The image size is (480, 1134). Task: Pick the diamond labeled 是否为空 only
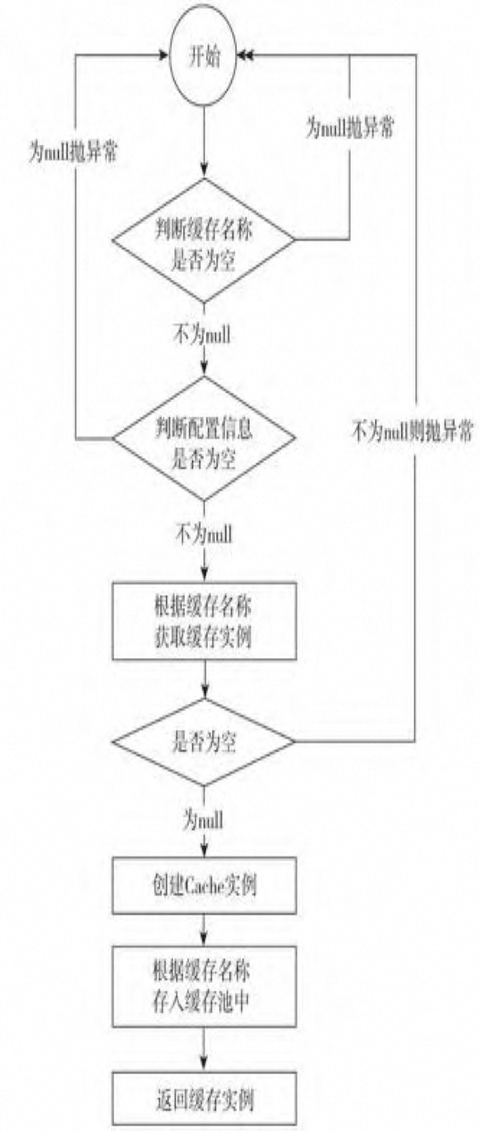(x=204, y=742)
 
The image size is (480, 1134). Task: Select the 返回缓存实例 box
(x=204, y=1097)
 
